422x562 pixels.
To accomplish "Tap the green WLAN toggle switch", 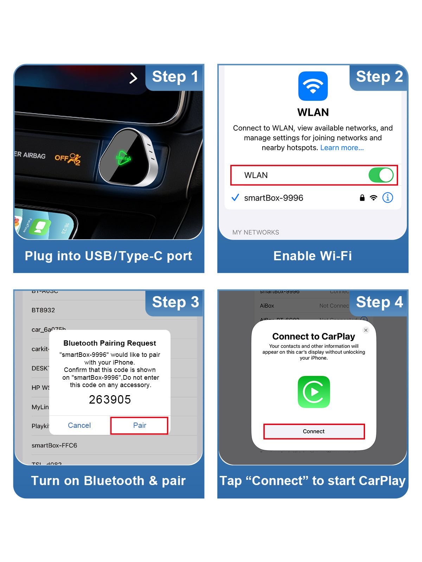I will pyautogui.click(x=381, y=175).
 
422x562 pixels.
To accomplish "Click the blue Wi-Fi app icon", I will pyautogui.click(x=313, y=86).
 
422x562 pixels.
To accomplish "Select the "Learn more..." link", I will pyautogui.click(x=342, y=148).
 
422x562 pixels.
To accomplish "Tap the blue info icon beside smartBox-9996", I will pyautogui.click(x=388, y=198).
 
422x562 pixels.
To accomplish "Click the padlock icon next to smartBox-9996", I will pyautogui.click(x=362, y=198).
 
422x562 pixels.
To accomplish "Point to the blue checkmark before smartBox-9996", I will pyautogui.click(x=235, y=197).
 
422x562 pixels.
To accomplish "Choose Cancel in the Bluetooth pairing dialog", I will pyautogui.click(x=79, y=425).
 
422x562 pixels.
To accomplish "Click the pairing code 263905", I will pyautogui.click(x=110, y=399).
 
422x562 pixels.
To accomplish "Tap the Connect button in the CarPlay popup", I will pyautogui.click(x=314, y=431).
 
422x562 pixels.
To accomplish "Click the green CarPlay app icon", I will pyautogui.click(x=314, y=392).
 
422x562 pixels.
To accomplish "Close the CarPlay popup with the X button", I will pyautogui.click(x=366, y=330).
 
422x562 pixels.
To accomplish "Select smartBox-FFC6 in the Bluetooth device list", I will pyautogui.click(x=54, y=445).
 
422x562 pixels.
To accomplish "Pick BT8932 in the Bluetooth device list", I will pyautogui.click(x=43, y=310).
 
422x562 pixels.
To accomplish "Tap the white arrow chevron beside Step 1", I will pyautogui.click(x=133, y=78).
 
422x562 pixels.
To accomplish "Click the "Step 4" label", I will pyautogui.click(x=379, y=302).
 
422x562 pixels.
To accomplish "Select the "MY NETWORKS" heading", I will pyautogui.click(x=256, y=233).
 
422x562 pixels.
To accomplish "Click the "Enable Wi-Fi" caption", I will pyautogui.click(x=313, y=256).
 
